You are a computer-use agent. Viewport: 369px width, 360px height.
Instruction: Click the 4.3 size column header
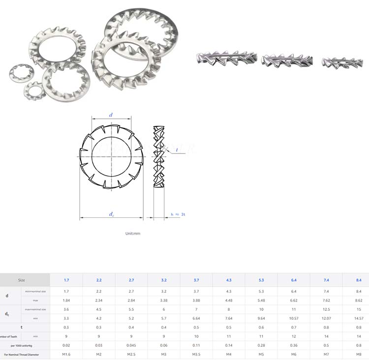229,280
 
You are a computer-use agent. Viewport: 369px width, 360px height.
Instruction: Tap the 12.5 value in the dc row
326,309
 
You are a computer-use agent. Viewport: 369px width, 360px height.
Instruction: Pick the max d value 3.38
164,300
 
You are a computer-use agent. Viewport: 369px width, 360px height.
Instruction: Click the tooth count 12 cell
293,336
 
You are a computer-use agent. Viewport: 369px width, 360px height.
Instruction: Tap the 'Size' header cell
21,280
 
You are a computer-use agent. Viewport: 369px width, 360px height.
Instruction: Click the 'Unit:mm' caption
133,233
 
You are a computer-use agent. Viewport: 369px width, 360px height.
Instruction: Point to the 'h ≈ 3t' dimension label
178,214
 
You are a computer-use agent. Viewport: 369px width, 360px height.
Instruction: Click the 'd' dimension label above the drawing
111,115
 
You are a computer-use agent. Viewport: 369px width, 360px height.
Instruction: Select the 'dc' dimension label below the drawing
112,214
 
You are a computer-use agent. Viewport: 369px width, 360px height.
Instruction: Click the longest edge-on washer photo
227,58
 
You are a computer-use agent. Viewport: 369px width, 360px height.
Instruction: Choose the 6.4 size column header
293,280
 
